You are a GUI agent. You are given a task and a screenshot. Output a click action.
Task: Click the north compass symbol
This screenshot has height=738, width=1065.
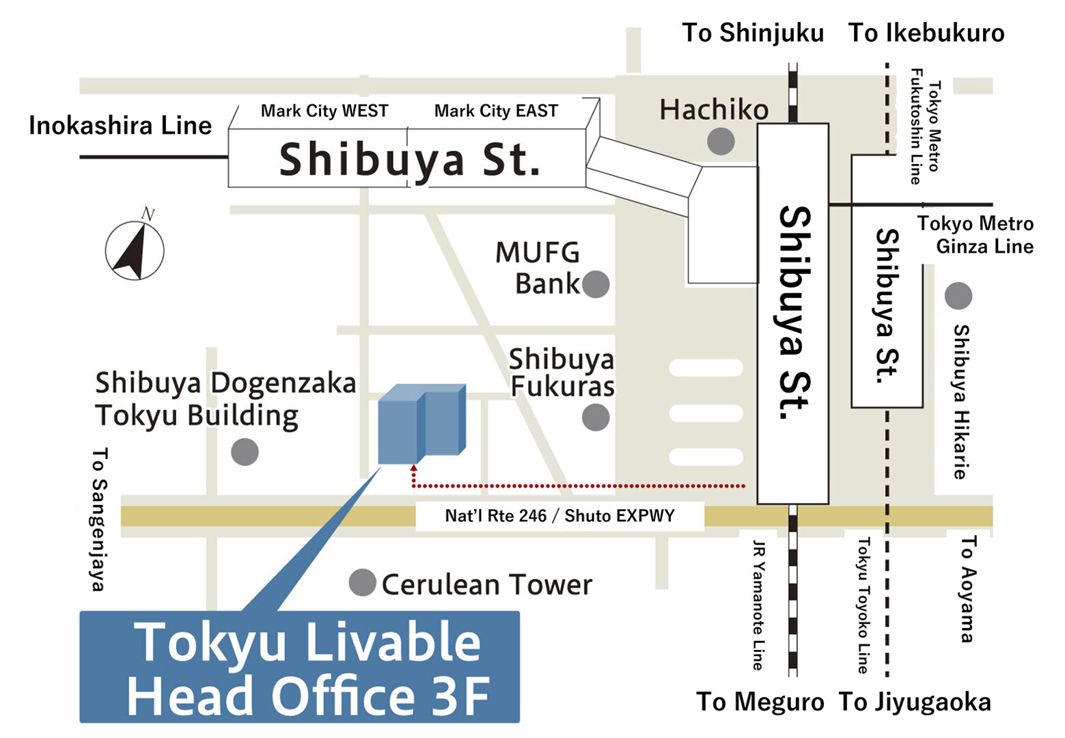[x=135, y=249]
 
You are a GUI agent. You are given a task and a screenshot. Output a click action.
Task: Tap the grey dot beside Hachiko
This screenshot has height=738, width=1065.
[x=720, y=141]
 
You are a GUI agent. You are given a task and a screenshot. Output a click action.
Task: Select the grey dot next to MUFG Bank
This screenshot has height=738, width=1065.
[x=595, y=284]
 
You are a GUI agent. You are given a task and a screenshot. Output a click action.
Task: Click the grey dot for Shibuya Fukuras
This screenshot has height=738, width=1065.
[x=595, y=417]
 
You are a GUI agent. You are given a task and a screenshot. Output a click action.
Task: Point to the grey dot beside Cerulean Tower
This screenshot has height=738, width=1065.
[x=362, y=583]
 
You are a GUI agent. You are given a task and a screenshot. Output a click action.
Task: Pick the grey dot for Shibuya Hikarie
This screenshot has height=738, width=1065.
[x=958, y=296]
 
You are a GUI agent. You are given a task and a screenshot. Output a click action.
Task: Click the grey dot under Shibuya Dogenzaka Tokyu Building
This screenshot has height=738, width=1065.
[x=245, y=452]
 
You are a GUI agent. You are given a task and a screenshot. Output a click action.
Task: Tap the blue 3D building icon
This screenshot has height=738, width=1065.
[x=421, y=424]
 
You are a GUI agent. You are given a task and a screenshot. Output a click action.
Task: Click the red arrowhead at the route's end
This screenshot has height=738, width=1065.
[x=413, y=469]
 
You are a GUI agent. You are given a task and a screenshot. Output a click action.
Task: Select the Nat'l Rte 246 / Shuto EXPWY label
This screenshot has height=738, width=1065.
[x=559, y=516]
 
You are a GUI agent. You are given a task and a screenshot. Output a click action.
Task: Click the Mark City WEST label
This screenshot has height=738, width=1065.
[x=324, y=111]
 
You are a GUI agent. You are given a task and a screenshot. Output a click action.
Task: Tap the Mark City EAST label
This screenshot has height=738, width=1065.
[x=496, y=111]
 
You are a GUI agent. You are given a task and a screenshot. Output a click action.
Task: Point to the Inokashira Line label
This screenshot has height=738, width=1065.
[x=120, y=126]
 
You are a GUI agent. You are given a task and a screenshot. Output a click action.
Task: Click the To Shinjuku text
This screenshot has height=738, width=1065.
[x=753, y=33]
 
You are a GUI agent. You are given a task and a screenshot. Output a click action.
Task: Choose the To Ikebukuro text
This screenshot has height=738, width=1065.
[x=926, y=33]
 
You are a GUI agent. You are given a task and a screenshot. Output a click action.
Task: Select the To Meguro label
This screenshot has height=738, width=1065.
[x=760, y=702]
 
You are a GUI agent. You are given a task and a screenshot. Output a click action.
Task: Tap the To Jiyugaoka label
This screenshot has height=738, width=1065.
[x=915, y=702]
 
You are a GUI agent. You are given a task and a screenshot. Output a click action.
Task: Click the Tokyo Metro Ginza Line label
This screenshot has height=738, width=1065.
[x=976, y=234]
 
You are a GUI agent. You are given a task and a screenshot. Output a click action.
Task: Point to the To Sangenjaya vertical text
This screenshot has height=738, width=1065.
[x=100, y=519]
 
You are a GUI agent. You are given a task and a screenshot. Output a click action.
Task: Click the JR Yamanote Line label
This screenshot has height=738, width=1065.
[x=758, y=605]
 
